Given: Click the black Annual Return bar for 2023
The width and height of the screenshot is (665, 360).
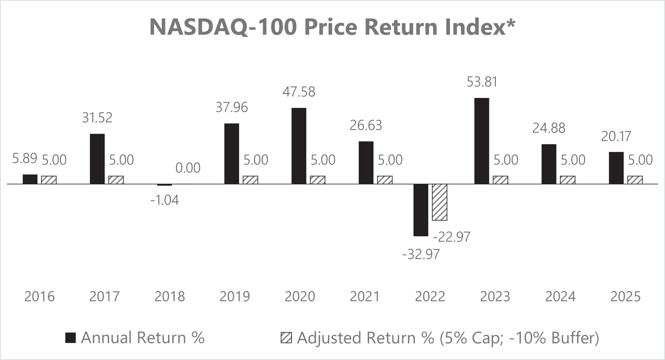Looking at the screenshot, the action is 482,141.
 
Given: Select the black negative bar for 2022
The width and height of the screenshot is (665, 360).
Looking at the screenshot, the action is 421,210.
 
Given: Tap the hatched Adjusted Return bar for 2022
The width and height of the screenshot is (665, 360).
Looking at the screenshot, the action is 440,202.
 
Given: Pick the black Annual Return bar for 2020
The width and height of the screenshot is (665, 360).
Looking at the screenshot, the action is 299,146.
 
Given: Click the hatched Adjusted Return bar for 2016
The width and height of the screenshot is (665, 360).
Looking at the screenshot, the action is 49,180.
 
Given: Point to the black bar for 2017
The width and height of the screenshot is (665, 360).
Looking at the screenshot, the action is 97,159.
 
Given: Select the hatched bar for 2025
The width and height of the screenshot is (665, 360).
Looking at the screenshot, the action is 635,180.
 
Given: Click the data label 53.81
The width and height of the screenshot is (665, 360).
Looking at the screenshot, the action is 482,82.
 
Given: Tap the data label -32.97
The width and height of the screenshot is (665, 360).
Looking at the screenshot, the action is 421,254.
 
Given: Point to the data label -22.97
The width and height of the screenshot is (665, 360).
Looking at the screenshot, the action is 452,237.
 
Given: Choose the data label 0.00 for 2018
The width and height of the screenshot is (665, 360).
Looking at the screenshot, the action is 188,167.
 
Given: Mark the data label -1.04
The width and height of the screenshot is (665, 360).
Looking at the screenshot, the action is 164,200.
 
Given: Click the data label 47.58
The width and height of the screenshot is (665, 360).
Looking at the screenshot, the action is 299,92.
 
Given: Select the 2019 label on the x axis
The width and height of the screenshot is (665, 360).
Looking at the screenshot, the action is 235,296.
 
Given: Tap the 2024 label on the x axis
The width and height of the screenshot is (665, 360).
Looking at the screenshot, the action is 560,296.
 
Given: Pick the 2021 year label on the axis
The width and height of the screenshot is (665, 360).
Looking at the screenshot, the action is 365,296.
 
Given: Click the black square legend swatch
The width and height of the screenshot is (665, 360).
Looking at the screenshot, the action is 71,338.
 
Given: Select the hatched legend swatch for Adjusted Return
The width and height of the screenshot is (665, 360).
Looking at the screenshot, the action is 286,338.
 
